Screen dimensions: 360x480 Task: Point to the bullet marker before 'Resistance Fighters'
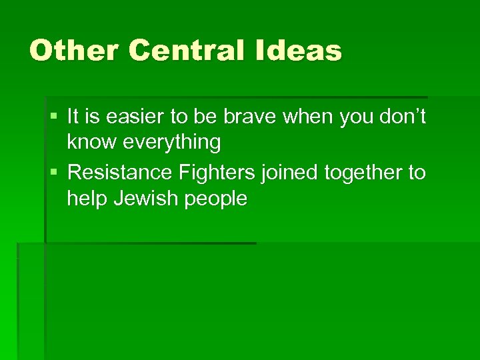point(54,173)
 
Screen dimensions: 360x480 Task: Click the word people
point(213,199)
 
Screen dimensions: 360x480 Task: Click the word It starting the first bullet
point(75,117)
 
